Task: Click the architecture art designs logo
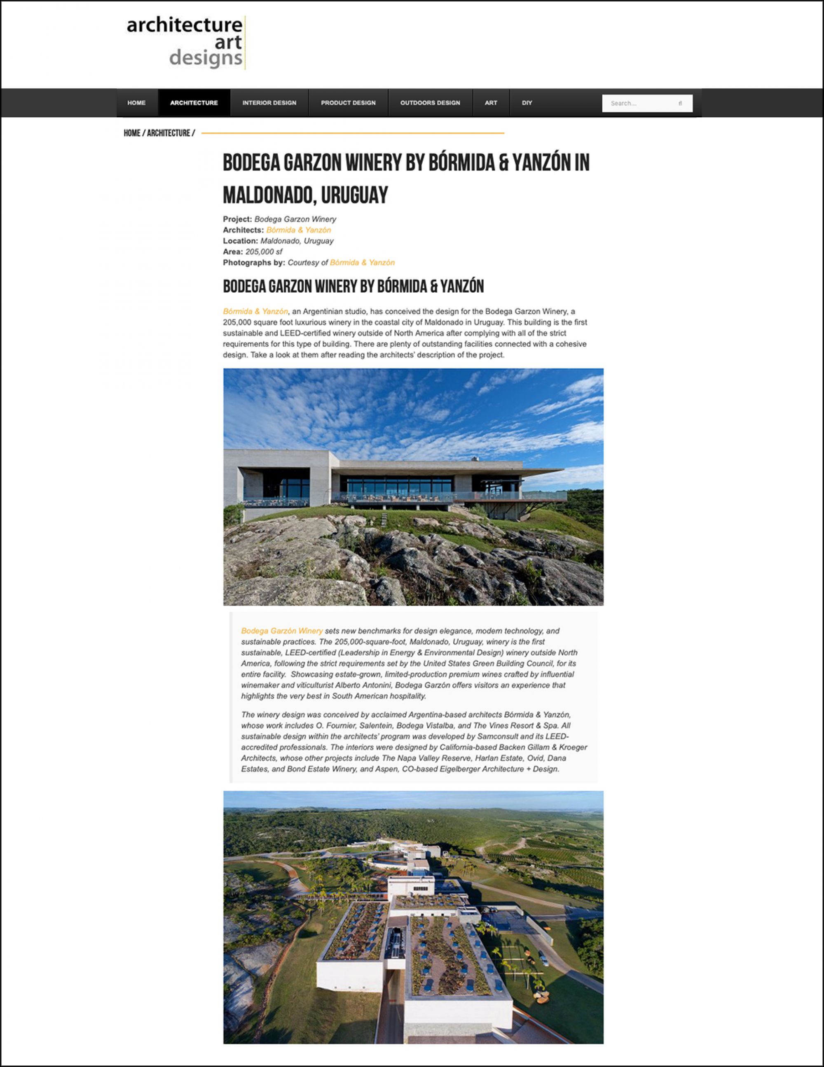click(x=185, y=43)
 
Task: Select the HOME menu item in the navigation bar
click(x=136, y=103)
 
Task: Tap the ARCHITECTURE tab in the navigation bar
click(x=194, y=103)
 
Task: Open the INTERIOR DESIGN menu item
click(x=269, y=103)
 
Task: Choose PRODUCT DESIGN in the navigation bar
click(x=348, y=103)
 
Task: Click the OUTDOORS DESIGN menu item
click(x=430, y=103)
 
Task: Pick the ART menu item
click(x=491, y=103)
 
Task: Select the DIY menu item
click(x=527, y=103)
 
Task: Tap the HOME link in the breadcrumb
click(x=132, y=133)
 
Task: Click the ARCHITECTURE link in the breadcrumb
click(x=168, y=133)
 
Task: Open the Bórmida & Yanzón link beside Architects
click(x=298, y=230)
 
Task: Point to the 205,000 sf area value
click(x=264, y=252)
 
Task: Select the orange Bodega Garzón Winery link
click(x=282, y=631)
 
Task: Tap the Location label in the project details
click(x=240, y=241)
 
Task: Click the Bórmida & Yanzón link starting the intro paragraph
click(x=255, y=312)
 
